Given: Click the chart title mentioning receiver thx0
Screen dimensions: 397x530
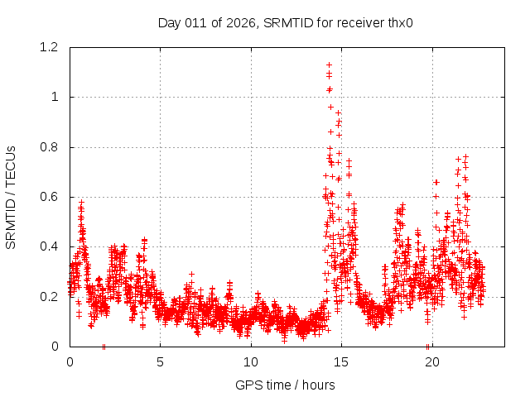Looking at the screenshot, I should [x=286, y=22].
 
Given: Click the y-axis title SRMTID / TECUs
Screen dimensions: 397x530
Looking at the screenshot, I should [x=11, y=198].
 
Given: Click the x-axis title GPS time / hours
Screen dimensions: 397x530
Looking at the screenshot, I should [x=286, y=385].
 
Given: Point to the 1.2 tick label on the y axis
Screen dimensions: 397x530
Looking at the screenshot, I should [x=51, y=47].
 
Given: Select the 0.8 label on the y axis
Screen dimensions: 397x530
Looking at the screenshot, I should [x=51, y=147].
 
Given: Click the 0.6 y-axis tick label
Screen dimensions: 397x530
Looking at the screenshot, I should [x=51, y=197].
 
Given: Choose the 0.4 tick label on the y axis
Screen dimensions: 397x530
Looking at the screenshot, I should [x=51, y=246].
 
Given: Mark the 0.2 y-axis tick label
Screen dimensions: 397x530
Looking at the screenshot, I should [x=51, y=296].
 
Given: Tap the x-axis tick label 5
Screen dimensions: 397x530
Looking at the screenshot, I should [x=160, y=362].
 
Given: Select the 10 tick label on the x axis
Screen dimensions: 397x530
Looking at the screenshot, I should [x=251, y=362].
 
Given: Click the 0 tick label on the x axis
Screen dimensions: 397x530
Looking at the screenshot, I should [x=70, y=362].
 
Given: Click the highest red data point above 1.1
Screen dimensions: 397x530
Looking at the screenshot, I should [x=329, y=65].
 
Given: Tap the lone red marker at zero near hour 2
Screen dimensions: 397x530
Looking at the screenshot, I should [x=104, y=347].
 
